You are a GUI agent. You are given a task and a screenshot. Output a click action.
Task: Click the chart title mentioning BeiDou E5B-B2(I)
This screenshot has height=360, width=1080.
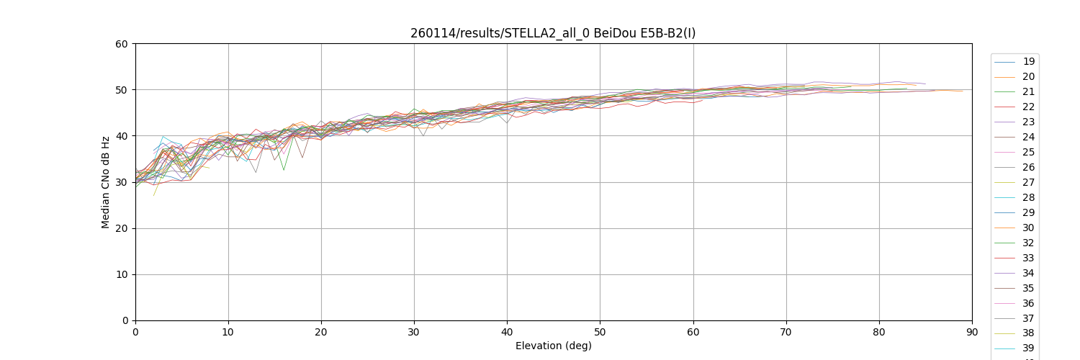pos(553,33)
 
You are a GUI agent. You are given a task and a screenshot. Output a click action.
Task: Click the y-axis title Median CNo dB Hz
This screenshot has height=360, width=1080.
pos(106,182)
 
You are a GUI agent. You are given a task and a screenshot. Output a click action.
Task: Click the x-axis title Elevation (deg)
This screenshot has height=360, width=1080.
pos(553,346)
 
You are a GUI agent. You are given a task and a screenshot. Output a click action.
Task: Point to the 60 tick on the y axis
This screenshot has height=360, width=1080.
pos(122,44)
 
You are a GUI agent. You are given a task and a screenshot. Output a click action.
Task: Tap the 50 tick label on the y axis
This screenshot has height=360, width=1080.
pos(122,90)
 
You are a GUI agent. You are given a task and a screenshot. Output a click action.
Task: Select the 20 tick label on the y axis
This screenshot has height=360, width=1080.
pos(122,228)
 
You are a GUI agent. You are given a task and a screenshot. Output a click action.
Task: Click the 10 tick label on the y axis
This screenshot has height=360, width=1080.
pos(122,274)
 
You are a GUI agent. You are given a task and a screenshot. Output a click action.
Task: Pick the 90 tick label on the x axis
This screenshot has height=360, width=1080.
pos(972,332)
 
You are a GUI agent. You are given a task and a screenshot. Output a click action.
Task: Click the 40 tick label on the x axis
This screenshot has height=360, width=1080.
pos(507,332)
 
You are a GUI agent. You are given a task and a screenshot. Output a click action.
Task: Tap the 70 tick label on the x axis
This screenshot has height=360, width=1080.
pos(786,332)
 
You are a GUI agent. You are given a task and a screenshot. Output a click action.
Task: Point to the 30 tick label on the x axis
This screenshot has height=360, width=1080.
pos(414,332)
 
